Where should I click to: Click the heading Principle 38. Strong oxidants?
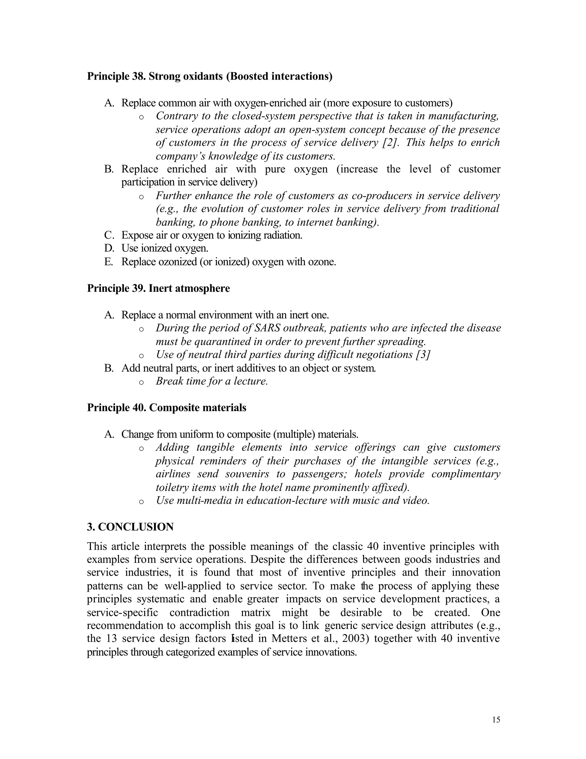[x=209, y=76]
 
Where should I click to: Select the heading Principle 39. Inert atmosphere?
[x=158, y=288]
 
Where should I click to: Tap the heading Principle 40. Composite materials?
[x=166, y=407]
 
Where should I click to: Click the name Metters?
[x=289, y=638]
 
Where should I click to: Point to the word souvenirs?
[x=247, y=474]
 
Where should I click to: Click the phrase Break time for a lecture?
[x=212, y=381]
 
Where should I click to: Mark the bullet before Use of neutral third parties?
[x=141, y=356]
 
